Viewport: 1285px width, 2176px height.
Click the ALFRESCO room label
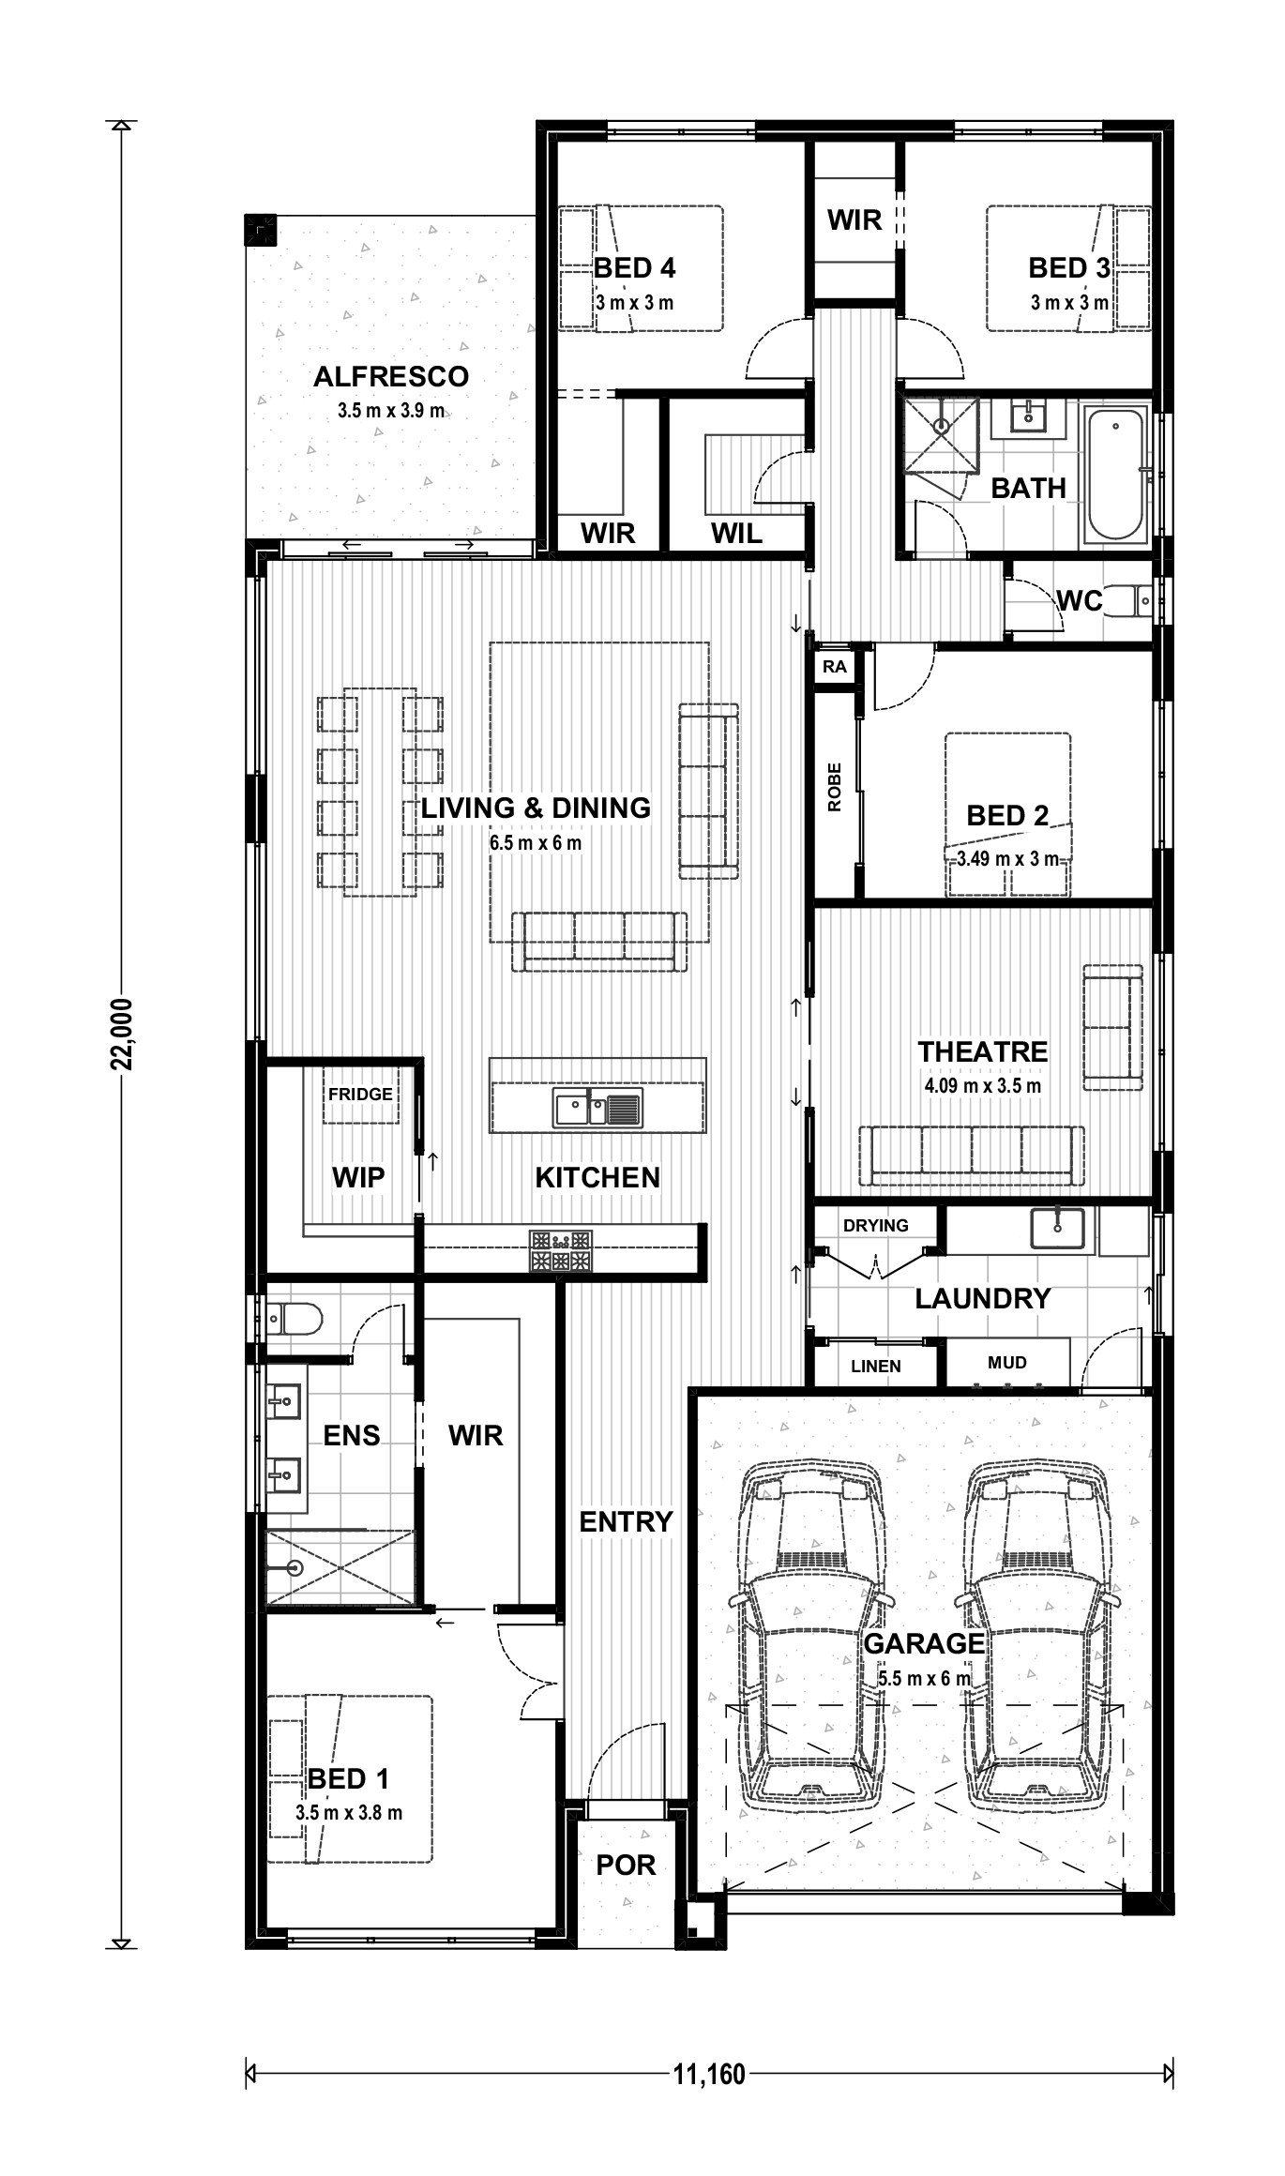391,376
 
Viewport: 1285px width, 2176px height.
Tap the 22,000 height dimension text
122,1034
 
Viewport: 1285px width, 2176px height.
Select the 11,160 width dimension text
709,2073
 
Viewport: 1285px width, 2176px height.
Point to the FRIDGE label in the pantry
360,1094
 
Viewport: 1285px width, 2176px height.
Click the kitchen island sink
597,1108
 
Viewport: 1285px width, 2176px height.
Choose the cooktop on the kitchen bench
561,1251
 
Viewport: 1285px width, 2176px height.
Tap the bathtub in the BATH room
1116,474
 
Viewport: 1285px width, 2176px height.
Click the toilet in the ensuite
294,1318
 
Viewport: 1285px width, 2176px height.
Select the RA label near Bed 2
835,667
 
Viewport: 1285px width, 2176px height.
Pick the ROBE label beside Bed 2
835,787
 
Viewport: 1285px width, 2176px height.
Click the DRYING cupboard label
876,1225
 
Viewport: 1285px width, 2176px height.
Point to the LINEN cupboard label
876,1367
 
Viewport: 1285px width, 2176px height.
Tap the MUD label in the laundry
1007,1362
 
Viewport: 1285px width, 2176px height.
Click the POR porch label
627,1865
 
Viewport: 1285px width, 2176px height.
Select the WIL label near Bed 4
736,534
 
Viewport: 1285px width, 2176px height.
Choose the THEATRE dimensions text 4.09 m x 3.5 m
983,1086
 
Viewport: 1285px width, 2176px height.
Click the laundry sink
1057,1228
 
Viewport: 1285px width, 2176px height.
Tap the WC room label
1080,600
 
